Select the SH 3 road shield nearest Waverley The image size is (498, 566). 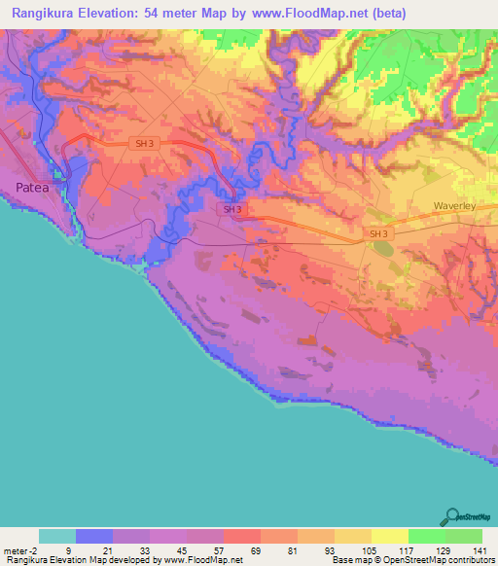[378, 234]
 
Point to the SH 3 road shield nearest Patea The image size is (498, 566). [144, 143]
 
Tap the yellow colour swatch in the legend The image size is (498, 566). [389, 536]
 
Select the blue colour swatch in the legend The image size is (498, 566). [93, 536]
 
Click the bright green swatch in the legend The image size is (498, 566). [426, 536]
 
